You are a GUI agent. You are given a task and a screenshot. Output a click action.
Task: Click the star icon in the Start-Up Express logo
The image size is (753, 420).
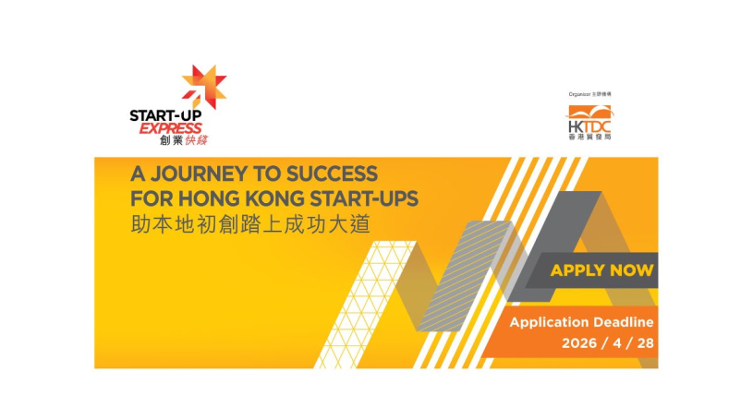coord(203,87)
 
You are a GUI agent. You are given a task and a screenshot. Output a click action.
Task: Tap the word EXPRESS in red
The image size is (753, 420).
coord(171,128)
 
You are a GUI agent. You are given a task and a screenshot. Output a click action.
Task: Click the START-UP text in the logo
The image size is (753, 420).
coord(165,115)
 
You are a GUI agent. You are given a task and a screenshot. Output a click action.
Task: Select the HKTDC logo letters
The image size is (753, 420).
coord(589,126)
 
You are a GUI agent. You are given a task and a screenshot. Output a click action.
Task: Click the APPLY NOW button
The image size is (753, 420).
coord(601,270)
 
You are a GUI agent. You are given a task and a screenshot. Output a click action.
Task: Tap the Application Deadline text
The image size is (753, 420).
coord(581,322)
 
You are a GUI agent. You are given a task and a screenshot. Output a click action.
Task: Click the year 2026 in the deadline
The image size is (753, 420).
coord(579,343)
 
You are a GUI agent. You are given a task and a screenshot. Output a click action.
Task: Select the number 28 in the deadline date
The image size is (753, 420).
coord(645,343)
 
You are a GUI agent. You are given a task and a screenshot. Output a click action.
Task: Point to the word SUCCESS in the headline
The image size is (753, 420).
coord(333,174)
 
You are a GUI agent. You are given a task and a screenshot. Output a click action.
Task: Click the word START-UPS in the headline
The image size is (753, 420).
coord(365,198)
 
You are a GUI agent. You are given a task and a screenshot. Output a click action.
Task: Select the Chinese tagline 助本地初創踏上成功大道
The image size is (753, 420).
coord(250,224)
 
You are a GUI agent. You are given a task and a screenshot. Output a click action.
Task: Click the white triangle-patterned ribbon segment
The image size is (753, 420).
coord(365,305)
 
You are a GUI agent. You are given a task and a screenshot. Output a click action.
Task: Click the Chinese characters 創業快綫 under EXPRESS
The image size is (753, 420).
coord(184,140)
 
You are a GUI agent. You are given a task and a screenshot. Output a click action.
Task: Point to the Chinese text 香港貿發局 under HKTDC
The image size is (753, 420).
coord(589,137)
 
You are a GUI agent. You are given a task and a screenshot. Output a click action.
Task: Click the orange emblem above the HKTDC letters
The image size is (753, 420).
coord(589,113)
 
